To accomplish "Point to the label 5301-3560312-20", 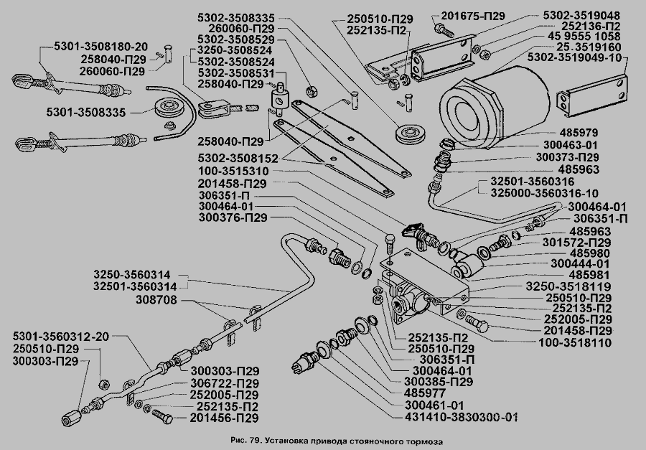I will coord(62,336).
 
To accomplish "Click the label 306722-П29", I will coord(225,383).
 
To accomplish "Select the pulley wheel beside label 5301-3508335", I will coord(169,110).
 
